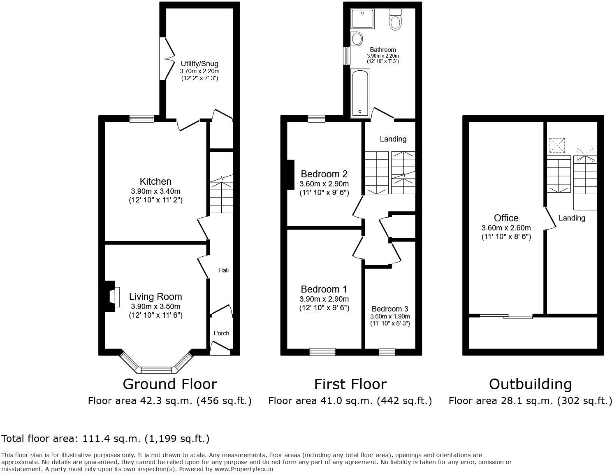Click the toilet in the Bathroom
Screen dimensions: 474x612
click(x=395, y=20)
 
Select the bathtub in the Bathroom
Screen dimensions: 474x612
click(x=360, y=93)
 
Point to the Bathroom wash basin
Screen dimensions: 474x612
click(x=357, y=39)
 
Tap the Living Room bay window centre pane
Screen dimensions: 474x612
click(x=156, y=369)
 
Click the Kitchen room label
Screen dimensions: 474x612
click(x=155, y=181)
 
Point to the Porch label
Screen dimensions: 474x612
click(x=221, y=333)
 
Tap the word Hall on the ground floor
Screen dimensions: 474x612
click(x=223, y=270)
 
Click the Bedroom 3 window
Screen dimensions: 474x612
click(x=387, y=352)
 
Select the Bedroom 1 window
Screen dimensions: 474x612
click(x=322, y=352)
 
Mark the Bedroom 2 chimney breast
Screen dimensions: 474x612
click(x=291, y=174)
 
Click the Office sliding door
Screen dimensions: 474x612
click(x=506, y=316)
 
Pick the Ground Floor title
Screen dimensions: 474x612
click(x=169, y=384)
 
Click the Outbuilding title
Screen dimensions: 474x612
click(x=530, y=384)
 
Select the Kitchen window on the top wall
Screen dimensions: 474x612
click(x=141, y=119)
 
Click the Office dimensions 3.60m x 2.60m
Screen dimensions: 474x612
click(x=506, y=228)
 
